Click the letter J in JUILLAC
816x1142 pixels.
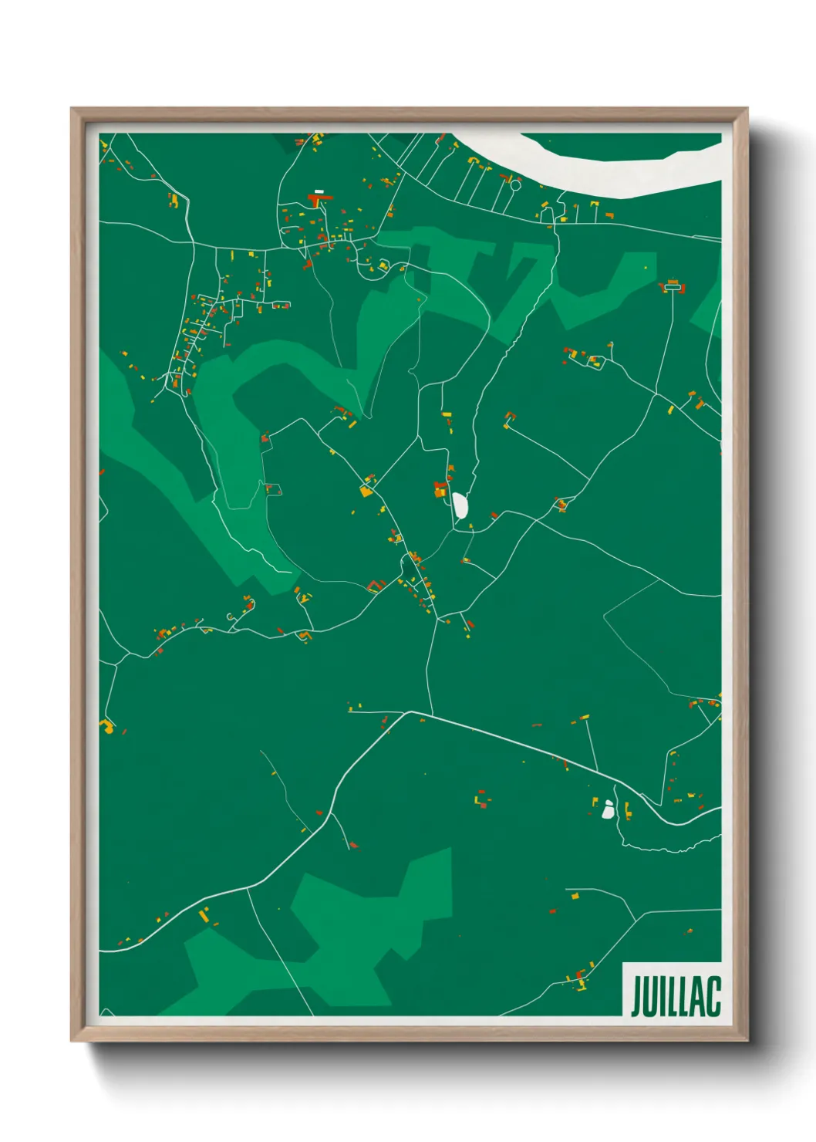pos(637,997)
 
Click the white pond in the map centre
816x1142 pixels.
pos(460,505)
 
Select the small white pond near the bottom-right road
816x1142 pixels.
pos(608,809)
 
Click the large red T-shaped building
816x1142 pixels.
pos(318,200)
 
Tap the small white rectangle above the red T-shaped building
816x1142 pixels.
pos(319,191)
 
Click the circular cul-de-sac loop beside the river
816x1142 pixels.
pos(515,185)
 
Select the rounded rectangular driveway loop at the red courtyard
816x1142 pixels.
pos(672,288)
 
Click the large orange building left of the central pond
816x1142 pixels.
pos(440,490)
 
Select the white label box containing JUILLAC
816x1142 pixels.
pos(671,988)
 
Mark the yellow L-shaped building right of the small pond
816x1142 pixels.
pos(628,810)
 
